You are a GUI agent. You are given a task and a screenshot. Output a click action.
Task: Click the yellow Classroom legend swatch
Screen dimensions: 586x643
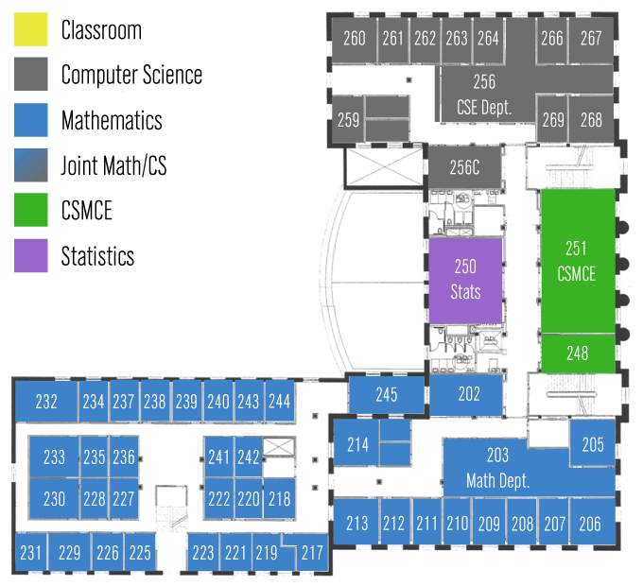[x=30, y=30]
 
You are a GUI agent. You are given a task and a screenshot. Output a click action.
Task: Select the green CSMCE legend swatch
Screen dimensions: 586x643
[x=30, y=211]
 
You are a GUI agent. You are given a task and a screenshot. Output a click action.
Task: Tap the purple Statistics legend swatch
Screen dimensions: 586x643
[x=30, y=256]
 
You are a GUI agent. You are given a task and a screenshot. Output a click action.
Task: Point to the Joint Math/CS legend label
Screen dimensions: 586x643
[x=113, y=166]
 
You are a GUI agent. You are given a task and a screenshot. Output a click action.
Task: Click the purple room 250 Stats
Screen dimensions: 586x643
[x=465, y=279]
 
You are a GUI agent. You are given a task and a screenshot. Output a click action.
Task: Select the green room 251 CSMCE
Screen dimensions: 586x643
[x=577, y=260]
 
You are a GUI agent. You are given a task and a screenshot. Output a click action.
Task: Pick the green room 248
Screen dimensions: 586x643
[x=577, y=353]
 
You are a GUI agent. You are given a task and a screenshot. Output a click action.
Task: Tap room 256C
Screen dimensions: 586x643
[x=464, y=168]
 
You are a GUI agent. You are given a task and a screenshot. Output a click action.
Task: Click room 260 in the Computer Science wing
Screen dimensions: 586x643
[x=355, y=39]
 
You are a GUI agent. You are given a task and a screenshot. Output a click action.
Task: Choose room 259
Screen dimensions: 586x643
[x=348, y=120]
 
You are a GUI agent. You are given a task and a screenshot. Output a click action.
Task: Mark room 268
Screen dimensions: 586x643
[x=591, y=120]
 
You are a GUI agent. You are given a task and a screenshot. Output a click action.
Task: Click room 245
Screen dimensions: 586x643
[x=386, y=394]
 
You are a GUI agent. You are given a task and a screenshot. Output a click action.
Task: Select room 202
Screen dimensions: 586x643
[x=469, y=394]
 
